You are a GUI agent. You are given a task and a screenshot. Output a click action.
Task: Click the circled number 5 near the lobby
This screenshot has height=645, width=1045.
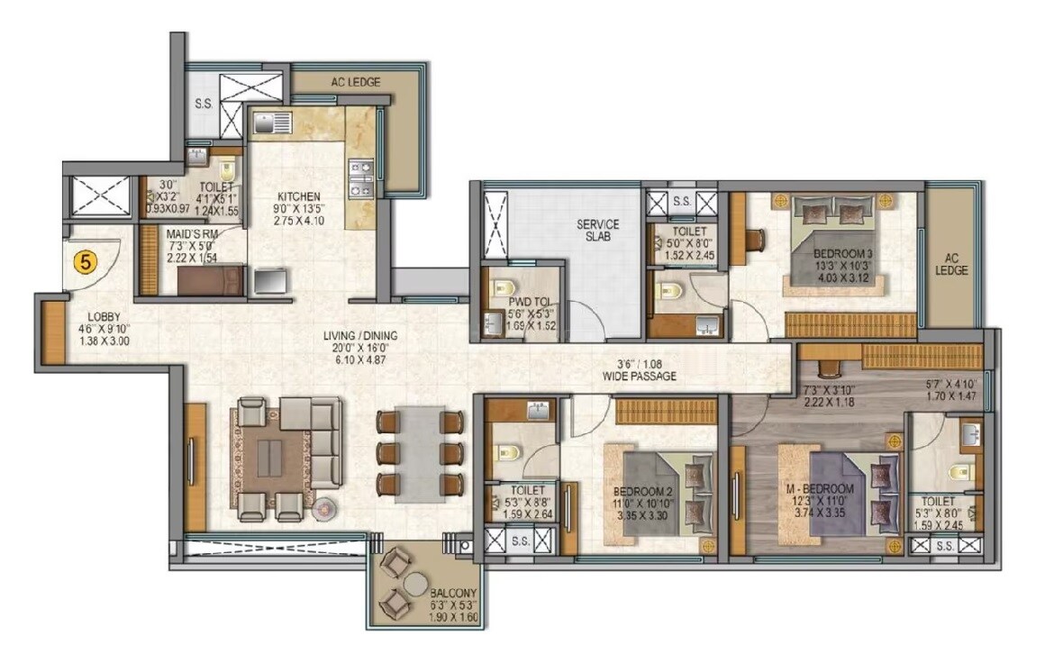click(x=86, y=262)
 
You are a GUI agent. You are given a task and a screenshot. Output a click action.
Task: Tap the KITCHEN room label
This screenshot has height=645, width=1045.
click(x=298, y=196)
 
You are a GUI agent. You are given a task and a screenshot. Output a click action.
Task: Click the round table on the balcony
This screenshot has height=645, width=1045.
click(x=413, y=585)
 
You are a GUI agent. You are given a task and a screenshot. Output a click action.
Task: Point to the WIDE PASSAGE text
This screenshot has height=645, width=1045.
click(x=641, y=377)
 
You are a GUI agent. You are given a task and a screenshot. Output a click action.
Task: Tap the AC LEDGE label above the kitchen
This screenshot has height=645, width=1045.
click(x=355, y=82)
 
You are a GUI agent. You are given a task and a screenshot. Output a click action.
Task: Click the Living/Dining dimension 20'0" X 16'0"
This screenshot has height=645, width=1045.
click(x=360, y=348)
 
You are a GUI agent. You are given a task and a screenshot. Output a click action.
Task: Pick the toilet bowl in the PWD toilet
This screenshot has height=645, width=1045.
click(x=498, y=290)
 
